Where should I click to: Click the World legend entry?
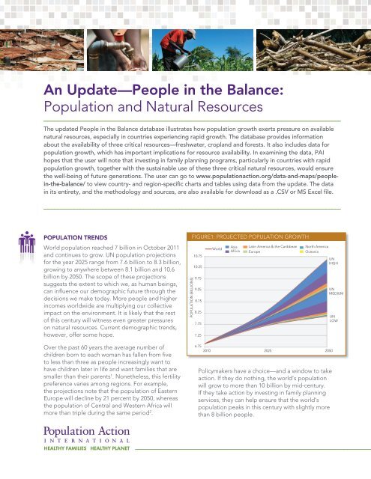(216, 248)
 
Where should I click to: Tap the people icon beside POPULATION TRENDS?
(30, 245)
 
